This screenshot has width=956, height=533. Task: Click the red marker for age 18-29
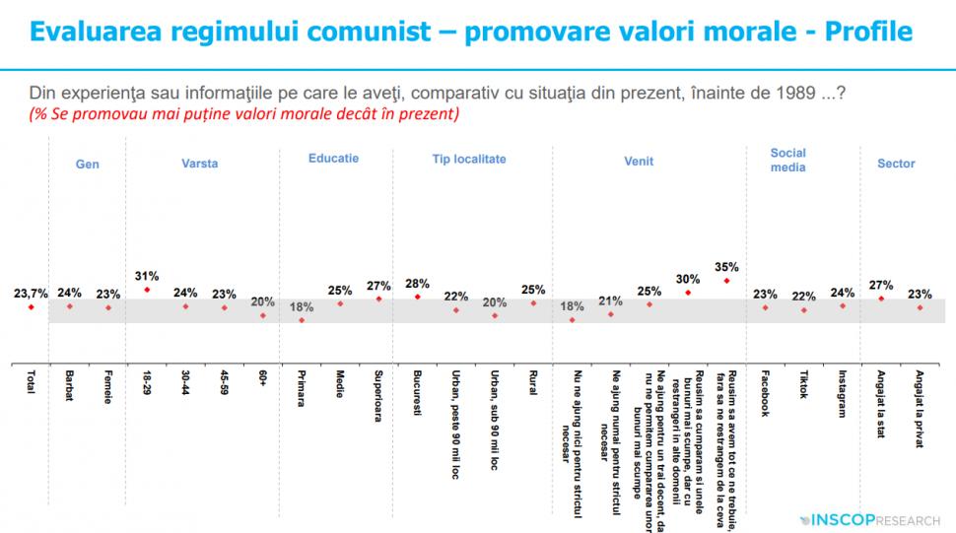(x=147, y=290)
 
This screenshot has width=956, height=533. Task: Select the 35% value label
(x=726, y=266)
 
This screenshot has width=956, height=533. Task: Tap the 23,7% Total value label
(x=31, y=293)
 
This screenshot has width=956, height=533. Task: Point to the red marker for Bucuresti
(x=417, y=297)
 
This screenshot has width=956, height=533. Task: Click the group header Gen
(x=88, y=165)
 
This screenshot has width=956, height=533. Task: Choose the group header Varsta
(x=199, y=164)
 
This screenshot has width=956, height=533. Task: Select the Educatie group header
(x=333, y=158)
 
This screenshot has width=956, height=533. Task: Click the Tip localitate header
(x=468, y=159)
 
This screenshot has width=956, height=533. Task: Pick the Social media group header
(x=787, y=160)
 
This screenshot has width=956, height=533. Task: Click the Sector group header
(x=896, y=164)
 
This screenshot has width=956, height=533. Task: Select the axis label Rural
(x=533, y=384)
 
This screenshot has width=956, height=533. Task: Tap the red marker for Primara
(x=302, y=320)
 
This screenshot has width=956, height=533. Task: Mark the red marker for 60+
(x=262, y=315)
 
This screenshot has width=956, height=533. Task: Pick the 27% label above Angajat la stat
(x=880, y=285)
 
